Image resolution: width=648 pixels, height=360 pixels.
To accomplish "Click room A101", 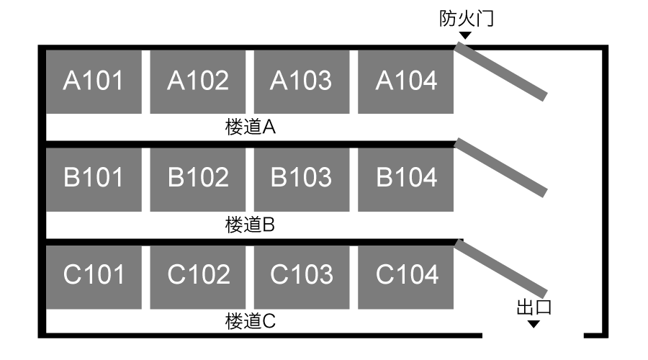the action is click(x=94, y=82).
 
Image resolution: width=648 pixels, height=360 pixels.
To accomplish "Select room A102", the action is click(x=197, y=82).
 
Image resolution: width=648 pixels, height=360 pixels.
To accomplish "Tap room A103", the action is click(x=302, y=82).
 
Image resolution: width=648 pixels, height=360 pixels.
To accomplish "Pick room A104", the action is click(x=406, y=82).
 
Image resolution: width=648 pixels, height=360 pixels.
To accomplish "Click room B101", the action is click(x=94, y=180).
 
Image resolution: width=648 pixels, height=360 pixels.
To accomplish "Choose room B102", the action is click(x=197, y=180).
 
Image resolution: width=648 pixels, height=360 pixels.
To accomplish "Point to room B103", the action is click(x=302, y=180).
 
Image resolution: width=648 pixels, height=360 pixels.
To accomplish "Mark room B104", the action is click(x=406, y=180).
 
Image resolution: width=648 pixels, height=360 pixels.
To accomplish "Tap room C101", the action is click(x=94, y=277).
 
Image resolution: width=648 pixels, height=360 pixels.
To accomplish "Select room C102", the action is click(x=197, y=277).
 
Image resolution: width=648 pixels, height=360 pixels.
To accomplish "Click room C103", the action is click(x=302, y=277).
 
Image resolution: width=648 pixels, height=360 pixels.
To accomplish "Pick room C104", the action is click(x=406, y=277).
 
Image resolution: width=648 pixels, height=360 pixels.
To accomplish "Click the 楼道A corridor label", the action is click(x=251, y=127).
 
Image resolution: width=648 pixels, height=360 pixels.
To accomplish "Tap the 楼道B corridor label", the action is click(x=250, y=225).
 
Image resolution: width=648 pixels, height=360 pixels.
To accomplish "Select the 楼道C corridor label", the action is click(x=251, y=321).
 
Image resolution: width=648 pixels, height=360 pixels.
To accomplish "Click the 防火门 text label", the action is click(x=467, y=19).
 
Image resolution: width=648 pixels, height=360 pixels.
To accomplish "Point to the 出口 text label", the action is click(x=534, y=307).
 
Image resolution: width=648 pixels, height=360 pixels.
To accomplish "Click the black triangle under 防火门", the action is click(x=465, y=35).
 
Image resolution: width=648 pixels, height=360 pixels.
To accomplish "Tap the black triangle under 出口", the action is click(x=534, y=325).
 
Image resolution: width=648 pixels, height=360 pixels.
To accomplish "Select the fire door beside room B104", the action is click(x=501, y=168).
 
